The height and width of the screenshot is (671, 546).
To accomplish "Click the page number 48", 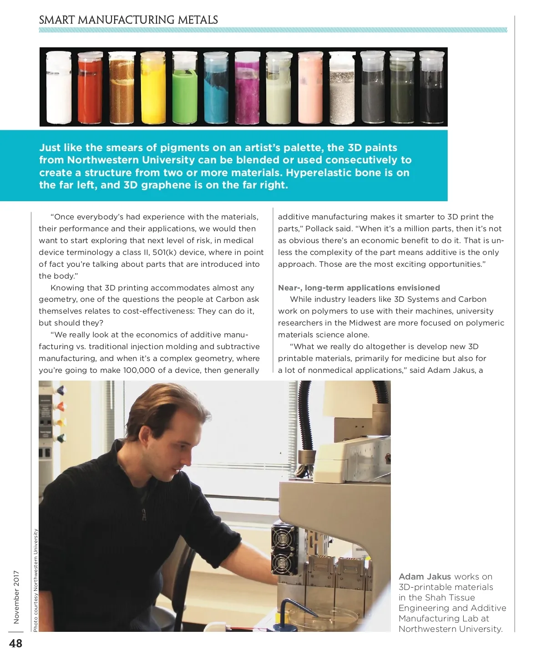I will (x=15, y=644).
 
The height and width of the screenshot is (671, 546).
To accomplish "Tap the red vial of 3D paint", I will (x=90, y=89).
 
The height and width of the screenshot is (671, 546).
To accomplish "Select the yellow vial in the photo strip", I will (x=153, y=89).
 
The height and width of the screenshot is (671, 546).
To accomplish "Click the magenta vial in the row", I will (x=248, y=89).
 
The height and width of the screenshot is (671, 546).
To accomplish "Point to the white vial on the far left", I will (x=59, y=89).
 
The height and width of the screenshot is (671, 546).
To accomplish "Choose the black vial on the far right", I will (x=431, y=89).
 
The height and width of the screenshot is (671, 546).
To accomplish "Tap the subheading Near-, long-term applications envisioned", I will (x=359, y=288).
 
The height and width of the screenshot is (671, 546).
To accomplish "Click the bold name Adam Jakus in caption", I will (x=425, y=577).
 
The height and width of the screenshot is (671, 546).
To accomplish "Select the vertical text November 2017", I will (x=17, y=597).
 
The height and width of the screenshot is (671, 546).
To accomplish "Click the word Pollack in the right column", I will (x=320, y=229).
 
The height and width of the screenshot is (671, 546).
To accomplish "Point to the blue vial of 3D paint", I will (x=216, y=89).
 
